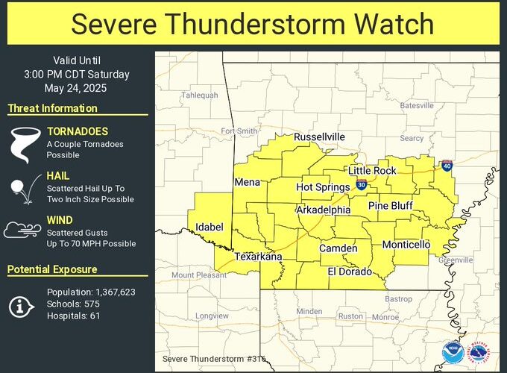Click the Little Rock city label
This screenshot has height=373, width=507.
[x=373, y=170]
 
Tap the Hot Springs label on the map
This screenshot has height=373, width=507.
[x=323, y=187]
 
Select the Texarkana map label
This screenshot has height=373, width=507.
[x=259, y=257]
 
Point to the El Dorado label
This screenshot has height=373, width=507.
[x=350, y=272]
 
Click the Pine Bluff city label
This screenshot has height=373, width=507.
[x=391, y=205]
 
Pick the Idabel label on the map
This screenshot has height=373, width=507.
[x=209, y=226]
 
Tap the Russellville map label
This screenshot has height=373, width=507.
[x=319, y=137]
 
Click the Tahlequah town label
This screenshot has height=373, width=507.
[x=201, y=95]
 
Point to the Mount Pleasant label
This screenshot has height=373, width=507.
[x=199, y=275]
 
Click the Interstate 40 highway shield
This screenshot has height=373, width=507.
[x=446, y=164]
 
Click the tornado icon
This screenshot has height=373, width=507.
[x=22, y=143]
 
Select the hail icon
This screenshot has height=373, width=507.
[x=21, y=189]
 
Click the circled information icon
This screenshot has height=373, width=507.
[x=22, y=304]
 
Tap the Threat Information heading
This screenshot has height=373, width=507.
[x=52, y=108]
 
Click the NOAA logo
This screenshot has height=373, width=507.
[x=452, y=351]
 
